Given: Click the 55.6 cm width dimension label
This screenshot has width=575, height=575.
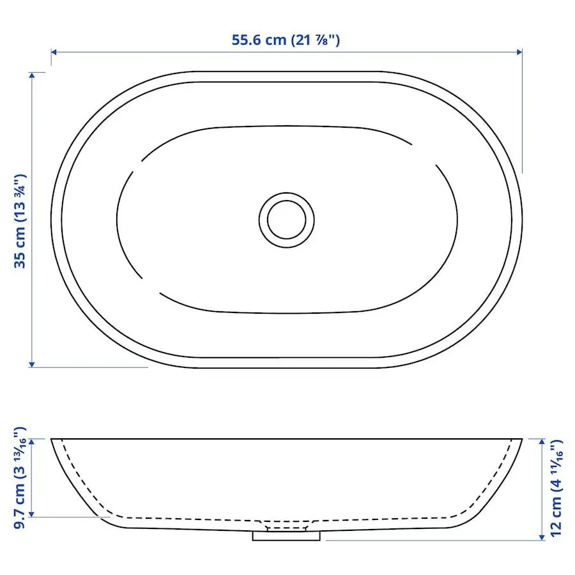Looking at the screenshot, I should pyautogui.click(x=286, y=40).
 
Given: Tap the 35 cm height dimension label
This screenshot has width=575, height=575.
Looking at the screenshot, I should pyautogui.click(x=20, y=220).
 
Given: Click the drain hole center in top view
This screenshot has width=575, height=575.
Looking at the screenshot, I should pyautogui.click(x=287, y=219).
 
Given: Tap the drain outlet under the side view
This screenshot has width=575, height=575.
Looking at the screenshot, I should pyautogui.click(x=286, y=535).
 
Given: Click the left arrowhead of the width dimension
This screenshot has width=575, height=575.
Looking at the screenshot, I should pyautogui.click(x=54, y=52).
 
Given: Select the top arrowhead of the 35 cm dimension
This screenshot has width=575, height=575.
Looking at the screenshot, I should pyautogui.click(x=31, y=75).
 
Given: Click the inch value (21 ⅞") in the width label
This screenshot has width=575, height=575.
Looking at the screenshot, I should pyautogui.click(x=316, y=40).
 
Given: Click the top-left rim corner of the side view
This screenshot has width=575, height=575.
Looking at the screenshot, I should pyautogui.click(x=52, y=439).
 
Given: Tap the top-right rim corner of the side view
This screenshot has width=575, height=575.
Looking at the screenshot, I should pyautogui.click(x=522, y=439).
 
